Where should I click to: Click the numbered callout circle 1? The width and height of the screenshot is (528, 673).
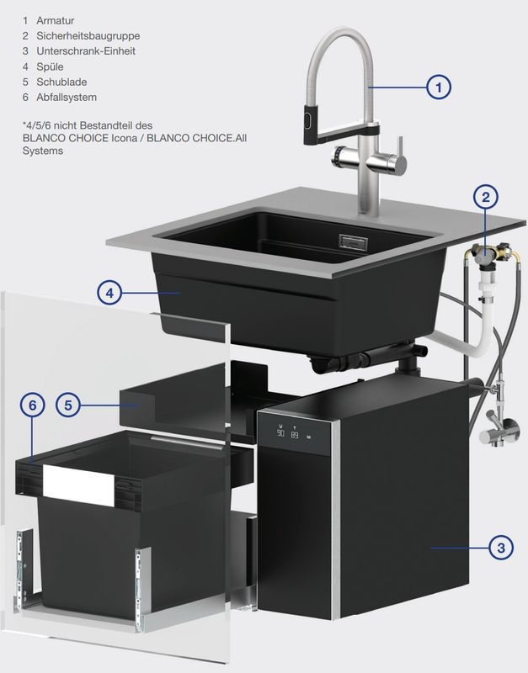(x=438, y=87)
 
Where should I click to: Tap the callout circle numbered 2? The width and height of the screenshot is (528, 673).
(x=485, y=197)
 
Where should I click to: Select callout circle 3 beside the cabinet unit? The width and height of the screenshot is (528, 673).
(x=501, y=548)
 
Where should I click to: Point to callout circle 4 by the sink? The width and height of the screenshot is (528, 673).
(x=110, y=293)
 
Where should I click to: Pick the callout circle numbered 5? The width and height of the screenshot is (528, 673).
(x=68, y=405)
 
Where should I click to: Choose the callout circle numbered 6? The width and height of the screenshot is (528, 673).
(x=33, y=405)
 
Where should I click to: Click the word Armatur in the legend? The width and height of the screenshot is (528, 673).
(x=55, y=20)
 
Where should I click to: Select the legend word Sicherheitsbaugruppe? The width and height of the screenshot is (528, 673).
(x=88, y=36)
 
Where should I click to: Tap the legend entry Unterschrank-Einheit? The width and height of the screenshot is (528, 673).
(x=86, y=51)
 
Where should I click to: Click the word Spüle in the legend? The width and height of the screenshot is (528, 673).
(x=50, y=67)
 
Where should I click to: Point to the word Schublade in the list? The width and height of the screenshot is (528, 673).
(x=61, y=82)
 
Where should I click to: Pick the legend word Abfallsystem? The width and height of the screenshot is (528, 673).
(x=67, y=98)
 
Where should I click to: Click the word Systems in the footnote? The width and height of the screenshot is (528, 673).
(x=43, y=151)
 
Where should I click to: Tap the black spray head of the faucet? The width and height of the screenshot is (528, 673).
(x=310, y=124)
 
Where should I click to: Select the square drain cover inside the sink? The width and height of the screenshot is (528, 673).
(x=353, y=241)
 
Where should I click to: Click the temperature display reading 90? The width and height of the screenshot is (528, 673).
(x=280, y=432)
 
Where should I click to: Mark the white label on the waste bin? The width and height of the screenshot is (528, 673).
(x=78, y=485)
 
